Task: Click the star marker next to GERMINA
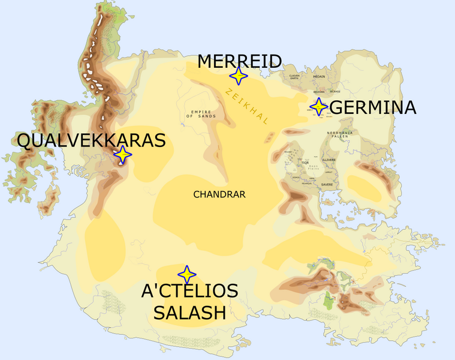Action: (318, 106)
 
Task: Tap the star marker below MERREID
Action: (239, 76)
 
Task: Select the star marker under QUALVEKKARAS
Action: (122, 155)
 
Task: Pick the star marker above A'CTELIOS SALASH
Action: (186, 274)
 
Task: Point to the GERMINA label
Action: (373, 107)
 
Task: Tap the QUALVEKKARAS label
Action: (91, 140)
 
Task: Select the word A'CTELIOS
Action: (189, 292)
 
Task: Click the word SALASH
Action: (189, 312)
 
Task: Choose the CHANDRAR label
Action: (219, 194)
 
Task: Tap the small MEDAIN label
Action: (319, 77)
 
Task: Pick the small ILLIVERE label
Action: (329, 160)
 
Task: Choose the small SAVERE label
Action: (327, 184)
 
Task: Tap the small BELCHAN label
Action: (319, 92)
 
